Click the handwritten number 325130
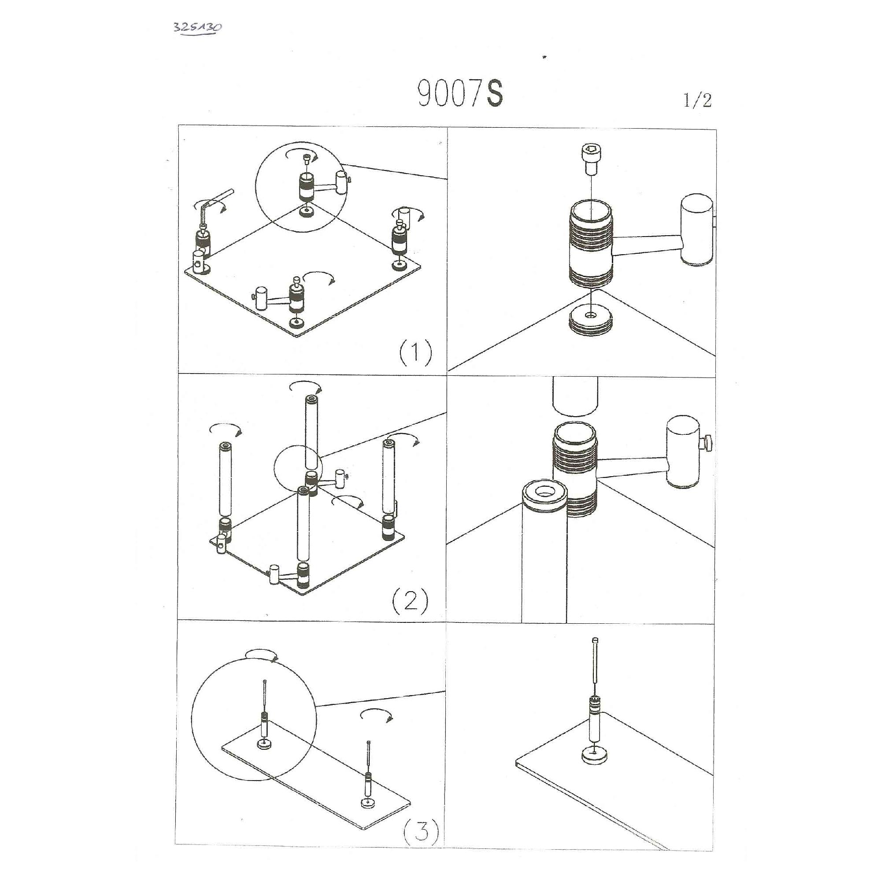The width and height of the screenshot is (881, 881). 198,27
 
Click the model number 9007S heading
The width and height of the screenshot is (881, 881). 461,94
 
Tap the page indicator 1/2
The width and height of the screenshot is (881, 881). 697,100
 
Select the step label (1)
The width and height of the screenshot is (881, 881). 415,353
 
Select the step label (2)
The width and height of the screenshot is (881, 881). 411,601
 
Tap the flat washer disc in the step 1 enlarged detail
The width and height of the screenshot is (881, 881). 591,320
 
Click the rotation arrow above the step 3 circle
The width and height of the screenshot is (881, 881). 262,653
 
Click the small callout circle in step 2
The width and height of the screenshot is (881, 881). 298,470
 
